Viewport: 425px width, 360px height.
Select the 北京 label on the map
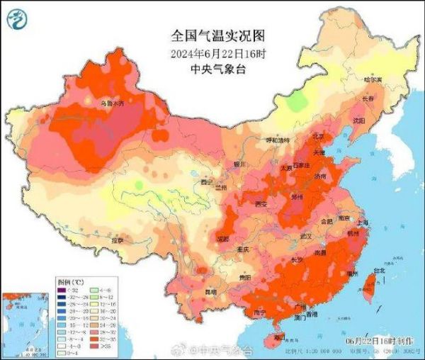(x=319, y=137)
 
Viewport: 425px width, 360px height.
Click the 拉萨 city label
(x=117, y=241)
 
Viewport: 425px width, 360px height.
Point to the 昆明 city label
(x=209, y=291)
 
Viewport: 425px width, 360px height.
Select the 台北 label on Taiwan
(x=380, y=270)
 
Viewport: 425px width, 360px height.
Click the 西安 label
(x=260, y=204)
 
